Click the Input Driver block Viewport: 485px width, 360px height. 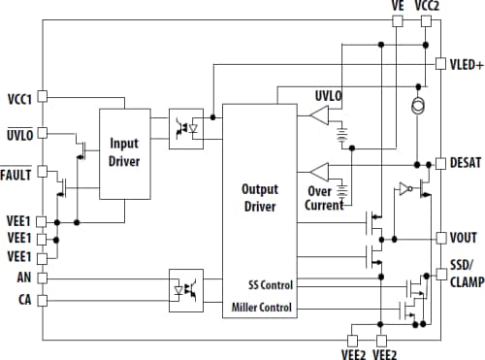[x=125, y=153]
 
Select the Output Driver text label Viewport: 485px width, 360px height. [x=259, y=198]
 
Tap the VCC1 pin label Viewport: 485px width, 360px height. [x=18, y=98]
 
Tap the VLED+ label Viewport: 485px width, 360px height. [x=467, y=65]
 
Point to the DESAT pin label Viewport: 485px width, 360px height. [x=468, y=162]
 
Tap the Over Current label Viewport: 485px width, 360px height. [x=325, y=198]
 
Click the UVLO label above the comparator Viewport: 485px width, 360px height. [x=328, y=97]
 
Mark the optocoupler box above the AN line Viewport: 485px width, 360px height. [x=186, y=287]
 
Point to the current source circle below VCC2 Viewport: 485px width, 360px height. [x=417, y=105]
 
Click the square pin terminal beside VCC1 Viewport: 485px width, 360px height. [x=42, y=98]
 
